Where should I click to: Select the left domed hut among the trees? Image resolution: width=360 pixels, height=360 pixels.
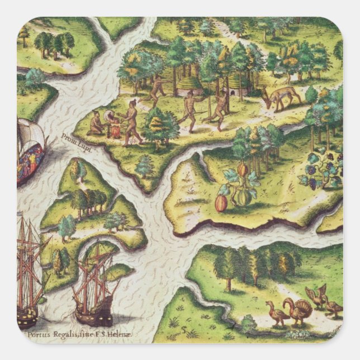(191, 85)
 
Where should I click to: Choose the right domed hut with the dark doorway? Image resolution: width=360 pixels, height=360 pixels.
(229, 92)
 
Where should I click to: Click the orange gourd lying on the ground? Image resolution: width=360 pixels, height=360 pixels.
(221, 203)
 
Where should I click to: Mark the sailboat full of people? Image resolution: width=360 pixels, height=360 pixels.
(31, 151)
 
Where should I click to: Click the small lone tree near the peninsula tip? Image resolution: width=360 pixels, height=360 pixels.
(145, 166)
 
